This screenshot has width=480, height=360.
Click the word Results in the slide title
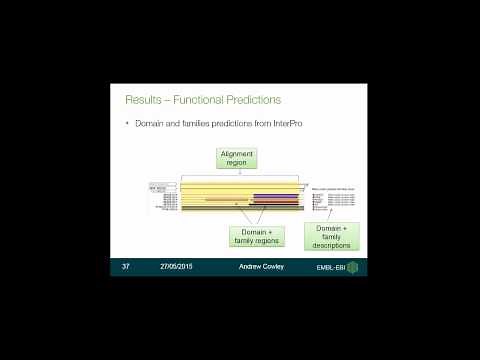click(141, 100)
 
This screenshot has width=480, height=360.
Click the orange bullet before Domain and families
click(127, 123)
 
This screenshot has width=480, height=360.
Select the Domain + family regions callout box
click(257, 236)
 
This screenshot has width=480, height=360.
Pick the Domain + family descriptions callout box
click(331, 236)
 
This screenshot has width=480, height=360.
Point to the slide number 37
click(127, 268)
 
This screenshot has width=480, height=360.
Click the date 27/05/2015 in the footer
click(177, 268)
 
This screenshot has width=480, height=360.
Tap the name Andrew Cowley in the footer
click(260, 268)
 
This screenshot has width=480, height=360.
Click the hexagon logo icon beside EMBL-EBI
click(352, 268)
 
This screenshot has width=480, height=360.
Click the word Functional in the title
click(200, 100)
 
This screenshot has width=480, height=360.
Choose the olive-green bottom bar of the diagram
click(240, 209)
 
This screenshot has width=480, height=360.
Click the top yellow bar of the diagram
click(240, 185)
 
